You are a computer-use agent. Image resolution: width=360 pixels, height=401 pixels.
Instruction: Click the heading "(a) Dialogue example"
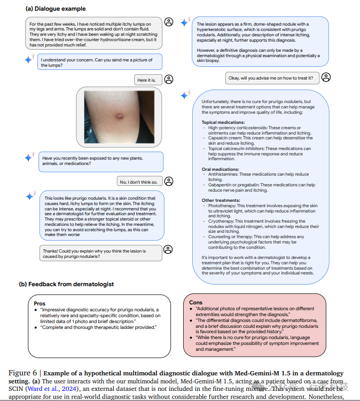[x=52, y=9]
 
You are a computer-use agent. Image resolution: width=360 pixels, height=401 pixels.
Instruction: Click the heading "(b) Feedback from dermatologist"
[x=66, y=284]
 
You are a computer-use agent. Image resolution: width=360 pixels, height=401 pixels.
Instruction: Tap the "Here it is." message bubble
[x=146, y=80]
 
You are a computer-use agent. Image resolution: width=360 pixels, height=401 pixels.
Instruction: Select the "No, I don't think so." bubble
[x=138, y=182]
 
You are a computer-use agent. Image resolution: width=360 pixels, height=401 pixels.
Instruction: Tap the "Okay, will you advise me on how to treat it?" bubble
[x=271, y=78]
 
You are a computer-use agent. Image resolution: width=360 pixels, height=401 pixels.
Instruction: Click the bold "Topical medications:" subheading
[x=223, y=122]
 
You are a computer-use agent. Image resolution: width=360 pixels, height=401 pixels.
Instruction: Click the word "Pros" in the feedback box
[x=40, y=303]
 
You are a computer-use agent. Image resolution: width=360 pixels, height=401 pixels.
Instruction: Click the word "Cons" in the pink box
[x=195, y=302]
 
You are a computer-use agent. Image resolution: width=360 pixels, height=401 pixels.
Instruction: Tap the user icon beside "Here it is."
[x=169, y=80]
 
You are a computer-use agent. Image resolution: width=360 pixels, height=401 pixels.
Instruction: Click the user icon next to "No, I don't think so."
[x=169, y=181]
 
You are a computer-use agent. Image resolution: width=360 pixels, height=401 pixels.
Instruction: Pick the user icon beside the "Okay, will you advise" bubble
[x=326, y=77]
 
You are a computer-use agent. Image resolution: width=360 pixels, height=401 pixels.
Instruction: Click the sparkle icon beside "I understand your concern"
[x=29, y=60]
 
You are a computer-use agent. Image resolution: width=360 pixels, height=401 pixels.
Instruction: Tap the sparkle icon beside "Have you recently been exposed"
[x=29, y=158]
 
